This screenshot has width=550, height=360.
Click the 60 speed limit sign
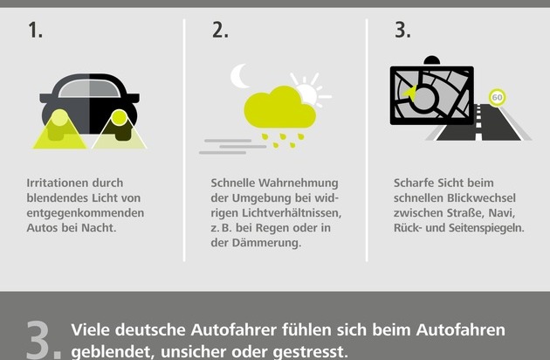click(497, 97)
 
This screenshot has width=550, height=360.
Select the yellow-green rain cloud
click(279, 107)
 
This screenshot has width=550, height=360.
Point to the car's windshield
click(89, 88)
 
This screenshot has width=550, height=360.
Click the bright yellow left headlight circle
click(59, 118)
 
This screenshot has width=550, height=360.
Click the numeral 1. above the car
click(35, 31)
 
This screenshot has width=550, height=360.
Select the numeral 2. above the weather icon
click(220, 31)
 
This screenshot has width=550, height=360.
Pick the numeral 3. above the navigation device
click(402, 31)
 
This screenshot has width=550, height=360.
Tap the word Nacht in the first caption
click(99, 228)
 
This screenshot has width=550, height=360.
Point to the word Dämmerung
click(266, 243)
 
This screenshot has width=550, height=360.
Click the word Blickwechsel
click(481, 198)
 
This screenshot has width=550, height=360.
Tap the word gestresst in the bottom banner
click(310, 352)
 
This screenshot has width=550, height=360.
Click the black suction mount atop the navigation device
click(432, 60)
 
